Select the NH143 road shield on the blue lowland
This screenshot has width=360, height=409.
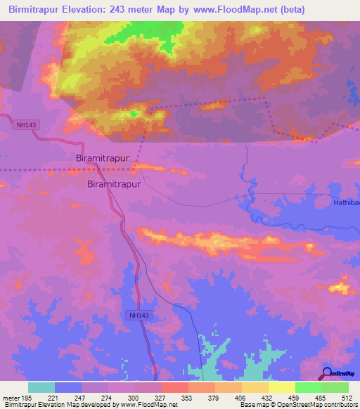pos(139,316)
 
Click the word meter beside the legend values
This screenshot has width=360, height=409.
pos(11,398)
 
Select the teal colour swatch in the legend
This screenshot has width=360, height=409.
pos(41,387)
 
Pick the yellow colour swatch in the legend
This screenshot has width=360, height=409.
pos(282,387)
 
